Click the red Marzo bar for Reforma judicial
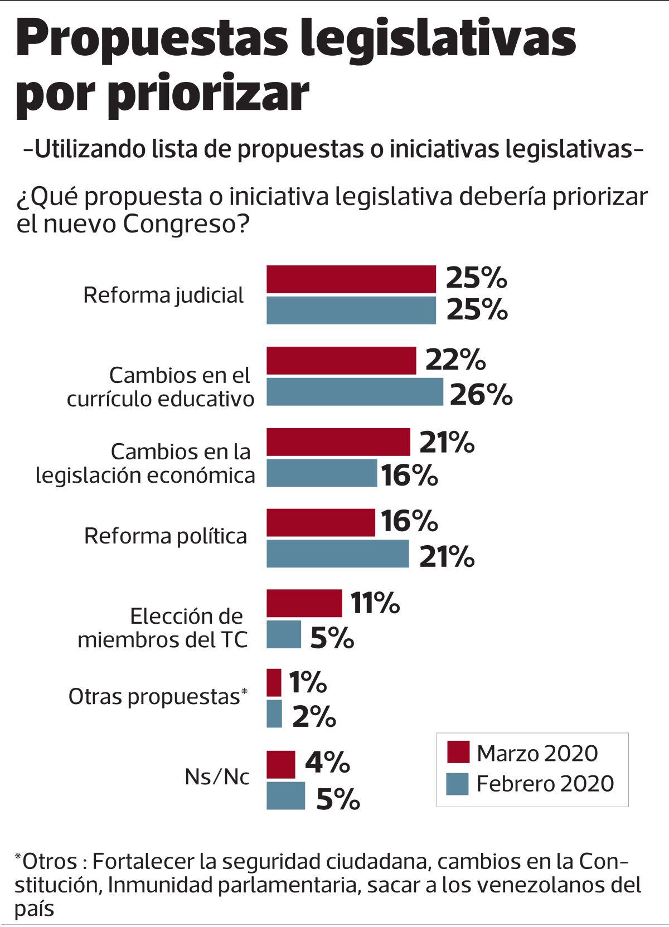(351, 279)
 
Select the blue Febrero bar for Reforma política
(337, 554)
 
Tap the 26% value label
(481, 395)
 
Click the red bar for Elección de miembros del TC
(304, 603)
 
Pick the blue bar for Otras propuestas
(274, 714)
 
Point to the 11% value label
(375, 603)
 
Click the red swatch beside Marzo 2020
(457, 752)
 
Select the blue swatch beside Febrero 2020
(457, 783)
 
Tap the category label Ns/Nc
(217, 776)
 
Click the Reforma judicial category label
(163, 295)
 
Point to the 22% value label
(455, 360)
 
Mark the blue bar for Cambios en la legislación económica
(321, 473)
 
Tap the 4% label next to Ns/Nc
(327, 763)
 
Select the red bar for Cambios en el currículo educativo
(341, 360)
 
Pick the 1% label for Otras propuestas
(307, 682)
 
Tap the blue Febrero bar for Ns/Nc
(285, 795)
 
